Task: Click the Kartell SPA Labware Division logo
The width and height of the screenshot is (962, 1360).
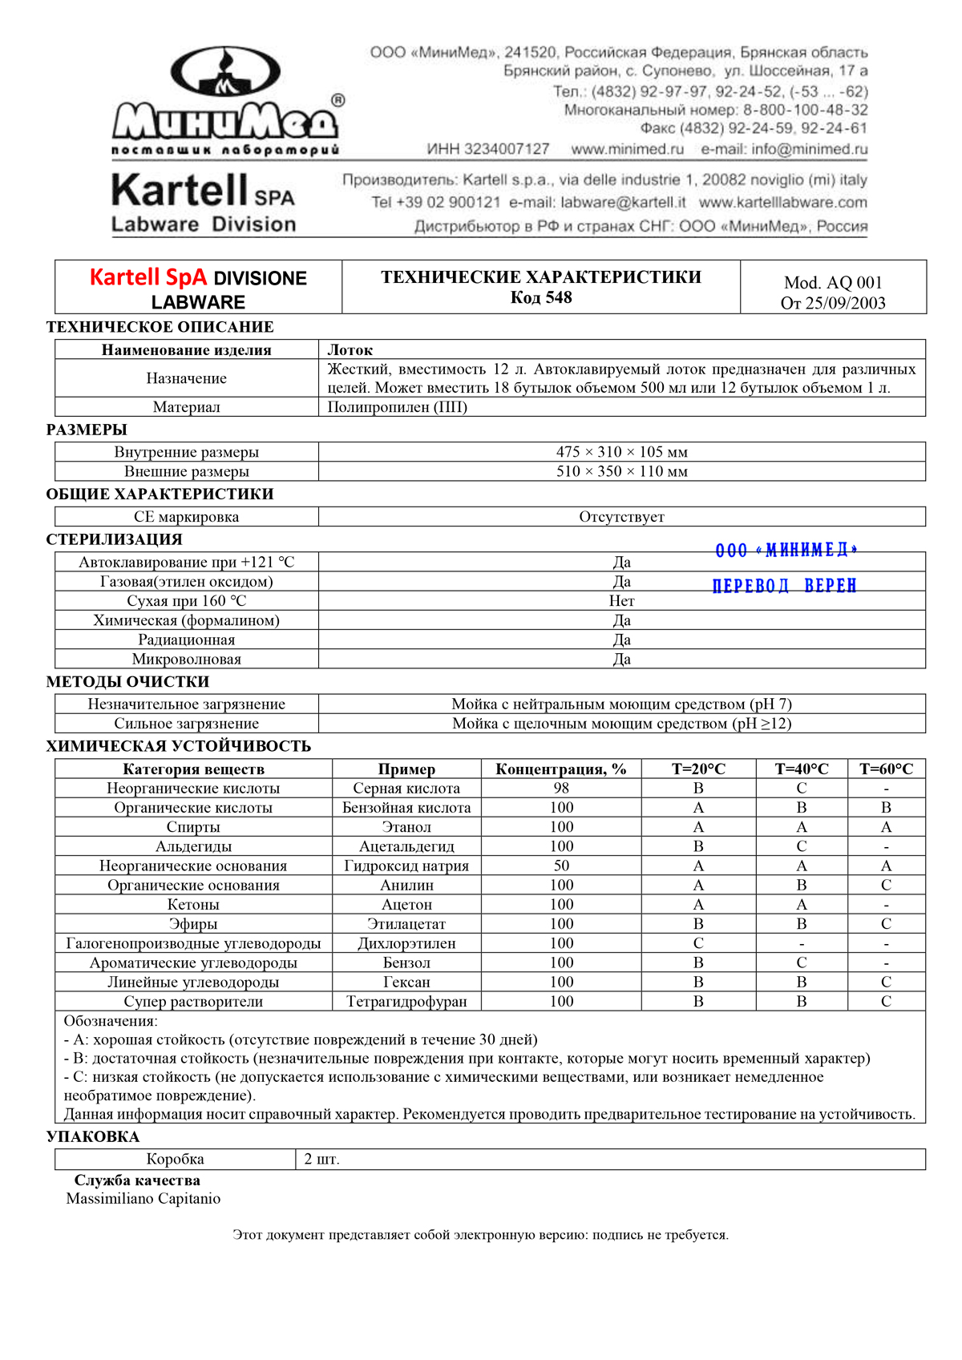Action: coord(204,202)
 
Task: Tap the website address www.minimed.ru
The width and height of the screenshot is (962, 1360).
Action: coord(627,149)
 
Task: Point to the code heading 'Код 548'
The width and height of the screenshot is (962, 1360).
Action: coord(541,298)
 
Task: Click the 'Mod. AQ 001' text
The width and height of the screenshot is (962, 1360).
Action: coord(833,283)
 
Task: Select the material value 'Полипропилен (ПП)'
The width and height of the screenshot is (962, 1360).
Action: coord(398,407)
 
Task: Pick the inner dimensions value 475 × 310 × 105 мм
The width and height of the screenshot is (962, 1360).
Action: coord(621,452)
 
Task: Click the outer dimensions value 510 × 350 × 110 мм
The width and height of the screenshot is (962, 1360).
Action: coord(621,471)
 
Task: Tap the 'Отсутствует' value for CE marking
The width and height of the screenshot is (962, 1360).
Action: coord(621,517)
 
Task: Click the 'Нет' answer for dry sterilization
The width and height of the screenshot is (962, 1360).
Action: coord(621,601)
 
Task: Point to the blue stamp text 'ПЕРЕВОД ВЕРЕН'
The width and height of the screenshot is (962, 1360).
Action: coord(784,586)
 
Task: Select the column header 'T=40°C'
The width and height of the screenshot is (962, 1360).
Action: coord(802,769)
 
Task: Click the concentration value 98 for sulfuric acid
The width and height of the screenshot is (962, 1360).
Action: coord(561,789)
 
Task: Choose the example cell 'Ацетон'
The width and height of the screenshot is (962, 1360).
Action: coord(406,905)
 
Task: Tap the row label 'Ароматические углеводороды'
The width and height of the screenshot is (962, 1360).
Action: coord(193,962)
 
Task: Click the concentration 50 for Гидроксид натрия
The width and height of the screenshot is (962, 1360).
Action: coord(561,866)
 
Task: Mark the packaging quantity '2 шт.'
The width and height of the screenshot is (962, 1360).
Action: coord(322,1160)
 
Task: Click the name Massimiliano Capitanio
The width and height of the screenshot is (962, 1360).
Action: coord(143,1199)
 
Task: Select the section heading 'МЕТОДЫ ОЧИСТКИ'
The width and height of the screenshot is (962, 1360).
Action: coord(128,682)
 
